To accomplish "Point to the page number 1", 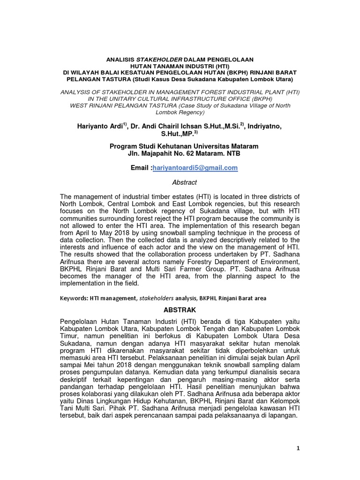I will (298, 448).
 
